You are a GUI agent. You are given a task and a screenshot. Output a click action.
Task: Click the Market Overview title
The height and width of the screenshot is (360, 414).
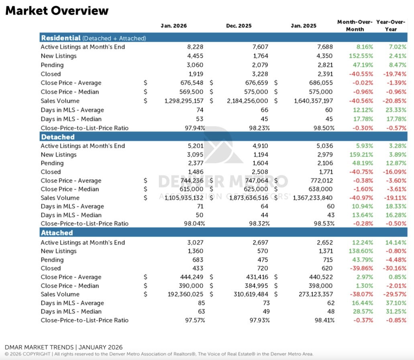pos(57,11)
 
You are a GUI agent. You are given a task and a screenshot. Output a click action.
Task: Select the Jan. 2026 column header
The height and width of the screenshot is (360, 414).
pos(173,26)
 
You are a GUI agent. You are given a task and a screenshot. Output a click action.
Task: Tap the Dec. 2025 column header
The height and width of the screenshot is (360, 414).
pos(239,26)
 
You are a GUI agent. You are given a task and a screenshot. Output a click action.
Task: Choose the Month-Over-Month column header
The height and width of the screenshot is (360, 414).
pos(355,25)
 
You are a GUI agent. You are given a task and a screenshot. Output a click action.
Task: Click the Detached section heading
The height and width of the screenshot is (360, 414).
pos(58,137)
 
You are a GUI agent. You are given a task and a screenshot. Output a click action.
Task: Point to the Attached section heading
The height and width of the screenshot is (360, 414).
pos(57,233)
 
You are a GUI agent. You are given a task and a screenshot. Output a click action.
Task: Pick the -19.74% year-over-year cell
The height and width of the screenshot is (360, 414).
pos(395,74)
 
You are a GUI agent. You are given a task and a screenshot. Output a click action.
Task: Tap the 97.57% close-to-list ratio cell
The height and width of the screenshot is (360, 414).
pos(194,320)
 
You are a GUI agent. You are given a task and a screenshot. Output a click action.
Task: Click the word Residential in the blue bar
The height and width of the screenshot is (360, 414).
pos(61,38)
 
